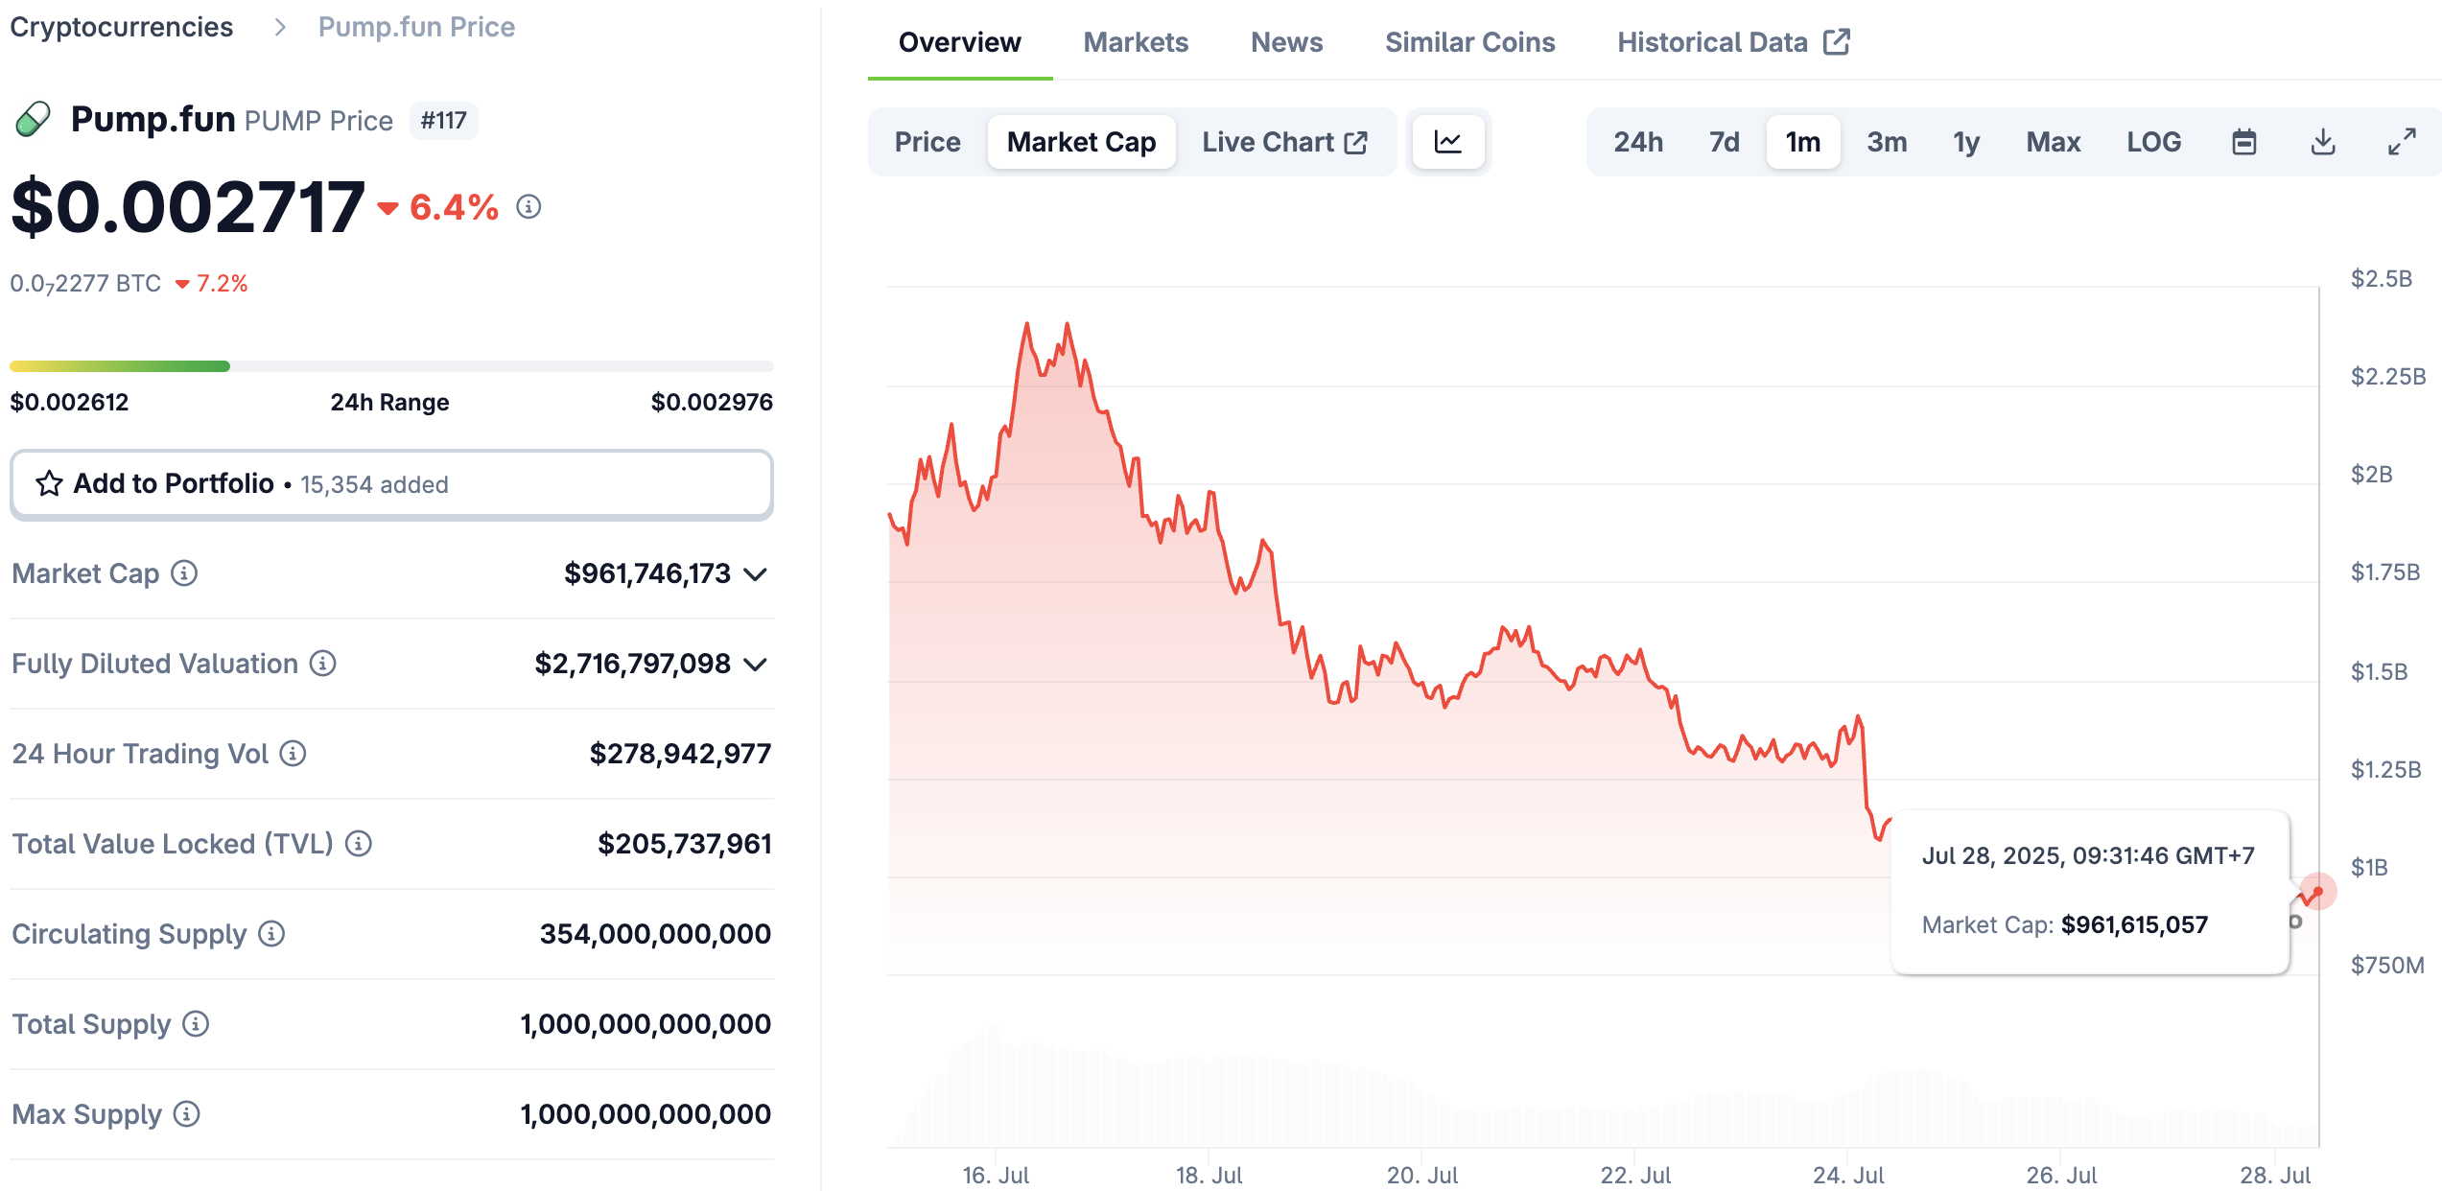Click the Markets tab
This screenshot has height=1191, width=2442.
(x=1135, y=42)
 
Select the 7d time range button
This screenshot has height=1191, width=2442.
(x=1724, y=142)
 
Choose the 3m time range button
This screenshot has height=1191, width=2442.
(x=1886, y=142)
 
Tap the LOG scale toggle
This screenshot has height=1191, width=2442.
(x=2153, y=142)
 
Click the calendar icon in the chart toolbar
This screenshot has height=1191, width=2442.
(x=2244, y=142)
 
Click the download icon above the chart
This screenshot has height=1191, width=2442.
(x=2323, y=142)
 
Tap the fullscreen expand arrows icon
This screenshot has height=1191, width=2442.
(x=2402, y=142)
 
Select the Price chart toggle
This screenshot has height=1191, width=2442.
(x=927, y=142)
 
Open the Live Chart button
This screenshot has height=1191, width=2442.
(x=1283, y=142)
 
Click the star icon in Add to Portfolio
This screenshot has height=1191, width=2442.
(x=49, y=483)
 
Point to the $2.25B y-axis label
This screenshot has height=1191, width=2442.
(x=2387, y=376)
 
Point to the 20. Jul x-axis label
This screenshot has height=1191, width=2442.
(x=1422, y=1175)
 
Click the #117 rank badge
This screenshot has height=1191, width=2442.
(x=443, y=121)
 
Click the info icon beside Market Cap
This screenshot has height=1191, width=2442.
(x=184, y=573)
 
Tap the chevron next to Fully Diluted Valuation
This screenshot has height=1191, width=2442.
(x=756, y=664)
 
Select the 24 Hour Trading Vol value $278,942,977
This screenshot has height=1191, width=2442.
(x=680, y=754)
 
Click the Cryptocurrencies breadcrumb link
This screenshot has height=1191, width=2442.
(x=122, y=27)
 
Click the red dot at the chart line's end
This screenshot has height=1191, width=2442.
(x=2318, y=892)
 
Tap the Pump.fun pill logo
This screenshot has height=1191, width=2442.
(x=34, y=120)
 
